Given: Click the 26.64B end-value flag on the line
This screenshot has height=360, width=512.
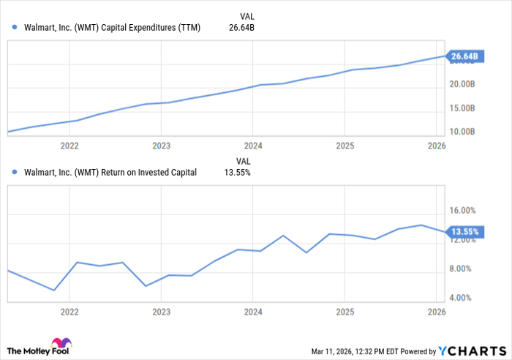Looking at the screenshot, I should pyautogui.click(x=464, y=56).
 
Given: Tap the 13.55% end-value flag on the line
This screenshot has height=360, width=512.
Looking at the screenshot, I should pyautogui.click(x=464, y=232).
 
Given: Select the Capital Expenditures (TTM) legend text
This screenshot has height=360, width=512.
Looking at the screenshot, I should pyautogui.click(x=112, y=28).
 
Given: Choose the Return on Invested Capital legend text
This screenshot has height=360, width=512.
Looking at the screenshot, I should pyautogui.click(x=110, y=173).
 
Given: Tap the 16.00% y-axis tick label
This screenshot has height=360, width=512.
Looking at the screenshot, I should pyautogui.click(x=464, y=211).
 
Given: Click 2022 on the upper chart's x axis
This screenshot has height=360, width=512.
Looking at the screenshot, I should pyautogui.click(x=69, y=146).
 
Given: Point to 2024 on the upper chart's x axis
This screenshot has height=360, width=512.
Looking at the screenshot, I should pyautogui.click(x=252, y=146).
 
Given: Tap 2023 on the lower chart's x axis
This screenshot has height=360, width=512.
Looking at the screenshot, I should pyautogui.click(x=161, y=311).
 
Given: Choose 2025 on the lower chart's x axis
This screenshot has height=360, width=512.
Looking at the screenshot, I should pyautogui.click(x=344, y=311).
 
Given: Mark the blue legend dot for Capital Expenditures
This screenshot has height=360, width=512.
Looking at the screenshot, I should pyautogui.click(x=15, y=28).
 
